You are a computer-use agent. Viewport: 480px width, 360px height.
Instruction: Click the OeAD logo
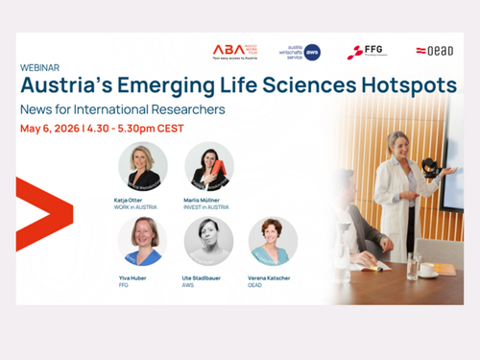pyautogui.click(x=433, y=51)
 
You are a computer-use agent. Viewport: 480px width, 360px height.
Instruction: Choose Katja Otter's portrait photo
pyautogui.click(x=142, y=166)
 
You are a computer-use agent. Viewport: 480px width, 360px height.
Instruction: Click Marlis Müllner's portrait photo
pyautogui.click(x=208, y=166)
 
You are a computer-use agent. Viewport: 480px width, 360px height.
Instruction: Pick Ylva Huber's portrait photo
pyautogui.click(x=142, y=240)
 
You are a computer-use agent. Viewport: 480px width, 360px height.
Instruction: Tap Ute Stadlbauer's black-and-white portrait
pyautogui.click(x=208, y=240)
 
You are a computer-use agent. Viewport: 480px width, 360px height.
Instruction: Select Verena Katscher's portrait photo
pyautogui.click(x=273, y=240)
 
